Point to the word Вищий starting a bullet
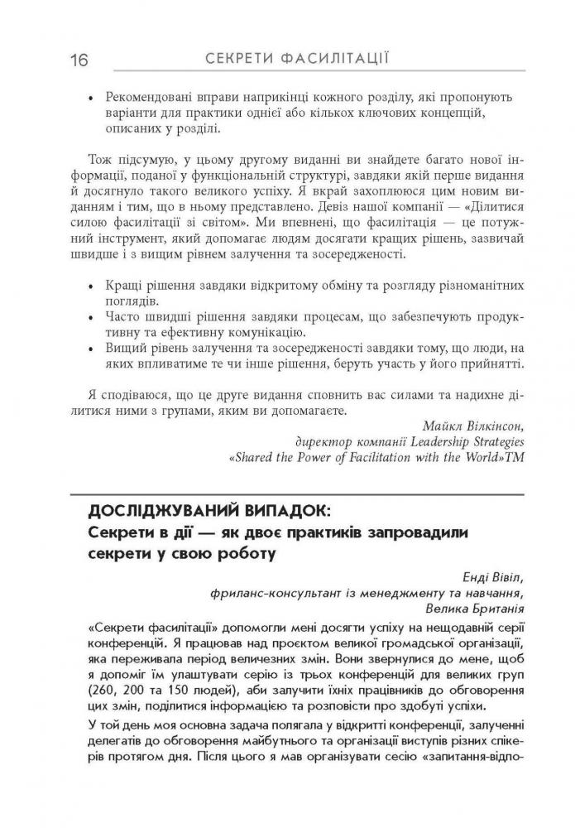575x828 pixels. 120,349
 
